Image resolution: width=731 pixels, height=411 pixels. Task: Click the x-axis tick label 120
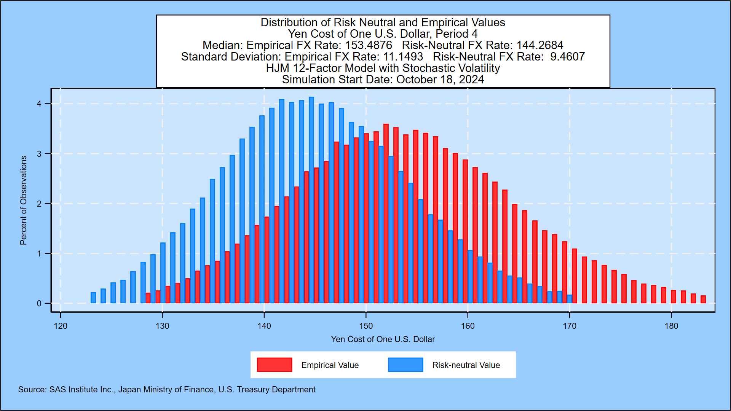tap(61, 326)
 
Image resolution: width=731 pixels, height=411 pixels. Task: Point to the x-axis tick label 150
tap(366, 326)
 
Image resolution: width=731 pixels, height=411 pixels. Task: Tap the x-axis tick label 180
tap(671, 326)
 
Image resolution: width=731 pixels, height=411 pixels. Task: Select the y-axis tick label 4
tap(39, 104)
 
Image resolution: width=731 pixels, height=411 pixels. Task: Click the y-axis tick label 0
tap(39, 303)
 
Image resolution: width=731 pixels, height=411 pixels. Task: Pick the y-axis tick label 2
tap(39, 204)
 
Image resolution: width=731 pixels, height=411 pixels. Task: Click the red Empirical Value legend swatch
tap(275, 365)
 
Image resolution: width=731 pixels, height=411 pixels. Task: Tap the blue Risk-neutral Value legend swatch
tap(405, 365)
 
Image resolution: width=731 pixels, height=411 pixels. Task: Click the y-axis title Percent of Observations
tap(24, 200)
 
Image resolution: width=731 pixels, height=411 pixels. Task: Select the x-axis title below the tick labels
tap(383, 339)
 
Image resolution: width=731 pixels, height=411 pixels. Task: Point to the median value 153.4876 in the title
tap(368, 45)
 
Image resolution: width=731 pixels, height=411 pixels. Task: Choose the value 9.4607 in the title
tap(567, 57)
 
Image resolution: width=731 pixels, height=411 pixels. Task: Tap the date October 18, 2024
tap(440, 80)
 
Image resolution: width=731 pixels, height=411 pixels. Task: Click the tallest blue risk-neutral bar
tap(311, 200)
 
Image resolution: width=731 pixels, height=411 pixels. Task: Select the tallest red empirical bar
tap(386, 213)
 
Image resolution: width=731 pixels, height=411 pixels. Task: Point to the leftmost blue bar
tap(93, 298)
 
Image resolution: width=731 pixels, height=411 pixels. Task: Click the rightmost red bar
tap(703, 299)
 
